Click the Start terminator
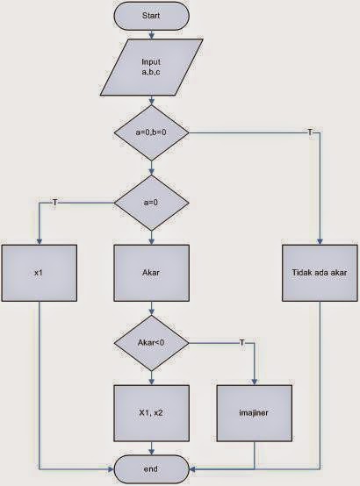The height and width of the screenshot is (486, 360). pyautogui.click(x=152, y=16)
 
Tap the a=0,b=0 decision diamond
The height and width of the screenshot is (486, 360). pyautogui.click(x=152, y=132)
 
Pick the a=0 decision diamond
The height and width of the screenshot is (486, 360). pyautogui.click(x=152, y=204)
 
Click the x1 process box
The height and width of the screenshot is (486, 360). pyautogui.click(x=39, y=274)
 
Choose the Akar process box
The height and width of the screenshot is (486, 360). pyautogui.click(x=152, y=274)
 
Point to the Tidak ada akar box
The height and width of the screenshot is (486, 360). pyautogui.click(x=319, y=274)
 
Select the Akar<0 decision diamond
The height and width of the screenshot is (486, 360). pyautogui.click(x=152, y=341)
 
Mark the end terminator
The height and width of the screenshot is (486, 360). pyautogui.click(x=152, y=470)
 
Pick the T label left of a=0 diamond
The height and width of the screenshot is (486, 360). pyautogui.click(x=55, y=203)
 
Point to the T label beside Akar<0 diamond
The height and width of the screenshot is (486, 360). pyautogui.click(x=241, y=341)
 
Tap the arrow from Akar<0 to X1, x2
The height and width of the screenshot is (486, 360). pyautogui.click(x=152, y=375)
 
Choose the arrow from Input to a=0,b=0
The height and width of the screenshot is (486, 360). pyautogui.click(x=152, y=102)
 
